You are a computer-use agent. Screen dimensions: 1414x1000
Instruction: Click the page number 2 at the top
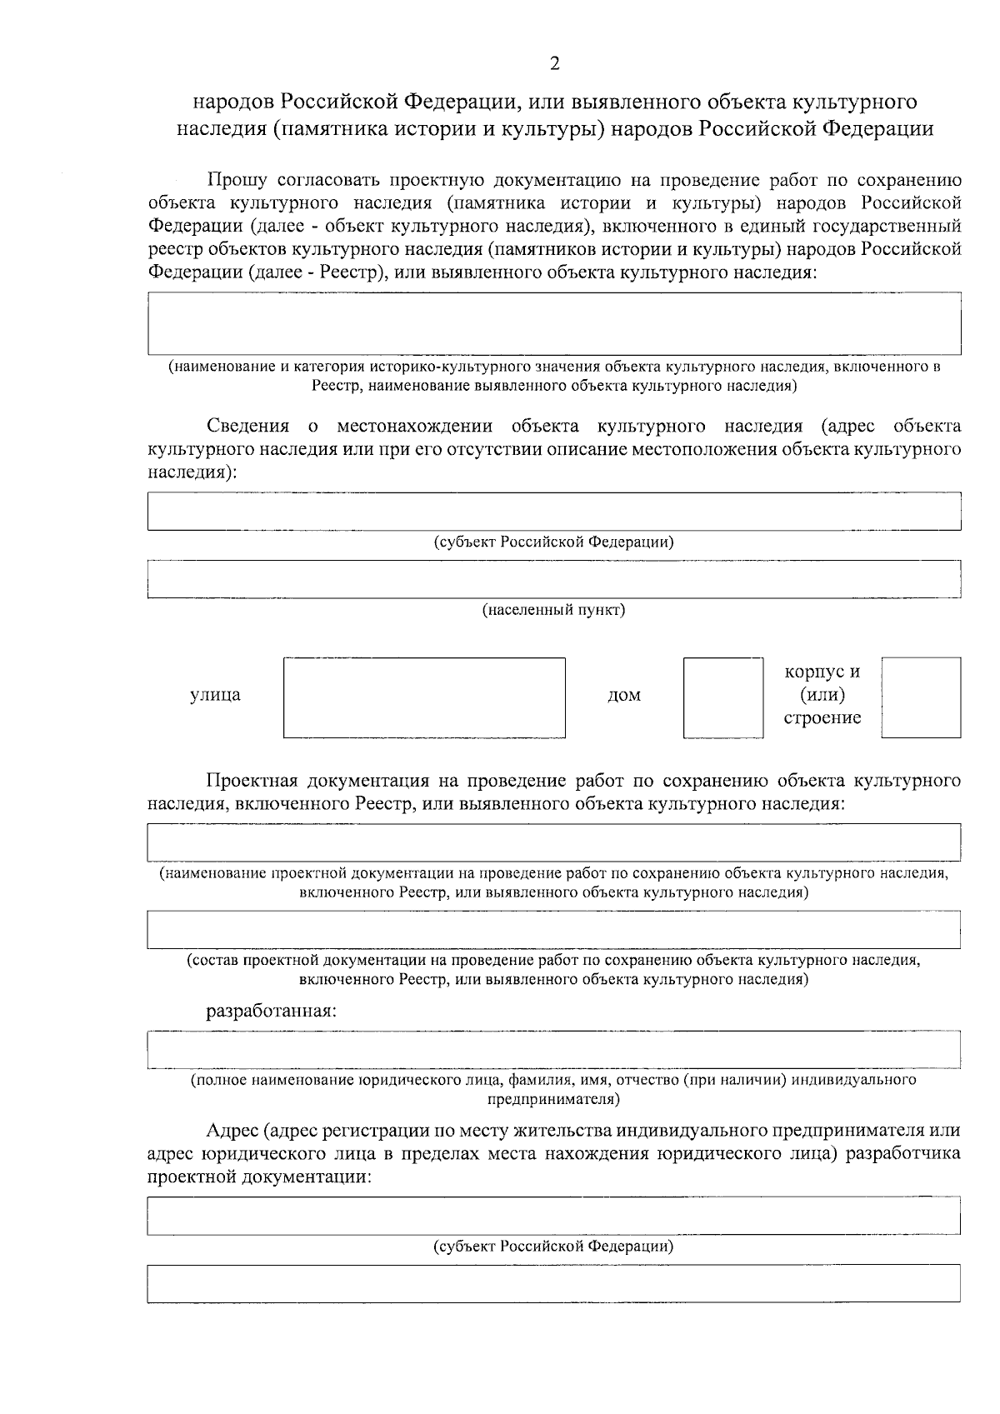(x=554, y=64)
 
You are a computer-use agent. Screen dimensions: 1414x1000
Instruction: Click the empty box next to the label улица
(x=424, y=697)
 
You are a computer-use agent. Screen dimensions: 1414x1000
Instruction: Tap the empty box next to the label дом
(x=722, y=697)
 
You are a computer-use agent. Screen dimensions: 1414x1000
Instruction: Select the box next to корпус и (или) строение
(x=920, y=697)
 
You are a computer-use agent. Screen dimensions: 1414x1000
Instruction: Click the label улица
(x=215, y=695)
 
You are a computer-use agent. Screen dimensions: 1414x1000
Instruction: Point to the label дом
(x=623, y=695)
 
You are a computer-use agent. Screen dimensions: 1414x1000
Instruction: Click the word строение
(x=822, y=718)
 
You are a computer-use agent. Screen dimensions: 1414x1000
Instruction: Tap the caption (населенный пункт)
(x=554, y=610)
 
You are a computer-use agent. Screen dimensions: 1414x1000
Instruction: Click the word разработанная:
(x=272, y=1012)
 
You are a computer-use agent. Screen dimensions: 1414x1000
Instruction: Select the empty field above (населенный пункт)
(x=554, y=578)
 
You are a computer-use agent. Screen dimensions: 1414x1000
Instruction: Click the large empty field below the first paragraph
(x=554, y=323)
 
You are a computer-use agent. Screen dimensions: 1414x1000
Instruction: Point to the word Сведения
(x=247, y=427)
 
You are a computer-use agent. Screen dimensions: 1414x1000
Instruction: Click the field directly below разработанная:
(x=554, y=1049)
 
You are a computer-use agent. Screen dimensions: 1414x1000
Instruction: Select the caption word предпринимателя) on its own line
(x=554, y=1100)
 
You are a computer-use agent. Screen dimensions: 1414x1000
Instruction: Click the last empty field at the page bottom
(x=554, y=1283)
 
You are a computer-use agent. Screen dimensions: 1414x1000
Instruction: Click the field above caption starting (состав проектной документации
(x=554, y=929)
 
